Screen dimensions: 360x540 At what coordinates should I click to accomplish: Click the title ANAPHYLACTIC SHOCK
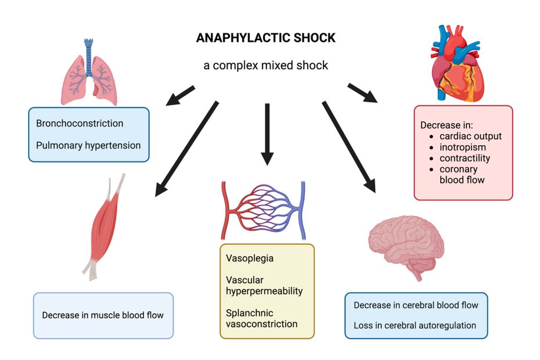[265, 38]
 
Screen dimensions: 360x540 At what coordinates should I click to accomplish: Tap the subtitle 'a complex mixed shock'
[265, 65]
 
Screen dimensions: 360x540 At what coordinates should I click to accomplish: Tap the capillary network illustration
[263, 210]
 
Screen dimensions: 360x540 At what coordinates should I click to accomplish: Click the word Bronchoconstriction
[80, 123]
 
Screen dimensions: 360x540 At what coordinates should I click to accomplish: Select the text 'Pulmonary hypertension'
[88, 145]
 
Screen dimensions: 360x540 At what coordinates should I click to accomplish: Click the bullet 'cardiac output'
[470, 136]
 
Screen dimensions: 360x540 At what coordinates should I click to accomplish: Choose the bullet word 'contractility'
[465, 158]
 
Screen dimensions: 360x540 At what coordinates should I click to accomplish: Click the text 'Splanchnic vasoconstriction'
[261, 318]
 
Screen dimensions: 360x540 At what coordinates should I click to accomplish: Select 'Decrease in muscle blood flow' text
[103, 315]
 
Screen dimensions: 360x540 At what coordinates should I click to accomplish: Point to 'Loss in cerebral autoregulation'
[415, 325]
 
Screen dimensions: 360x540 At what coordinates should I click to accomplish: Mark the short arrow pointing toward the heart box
[362, 93]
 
